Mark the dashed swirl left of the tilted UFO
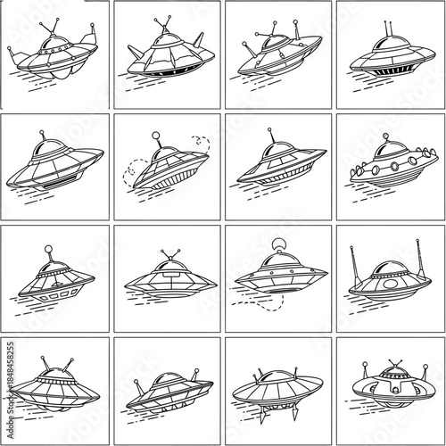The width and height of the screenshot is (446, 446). coord(134,167)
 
